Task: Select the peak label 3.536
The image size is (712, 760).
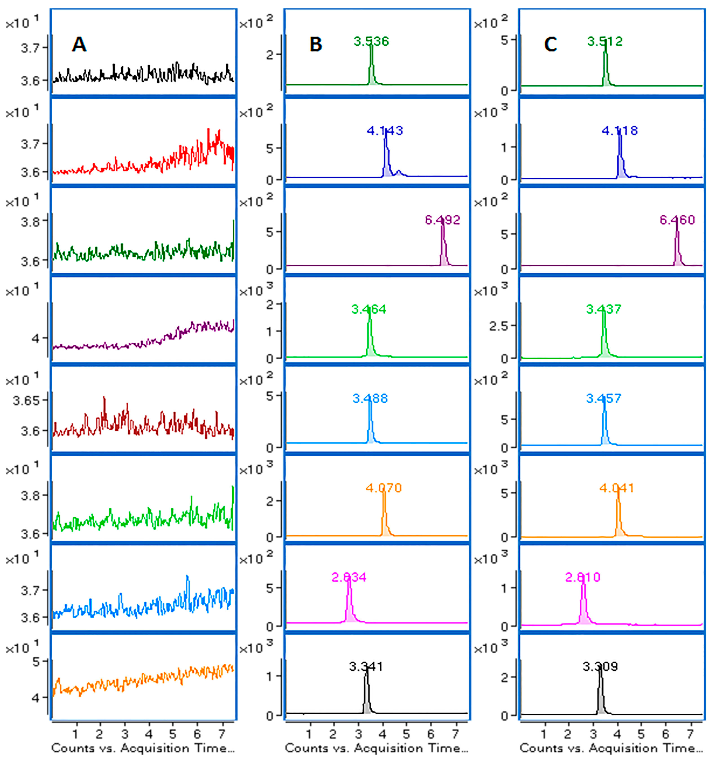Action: pyautogui.click(x=371, y=41)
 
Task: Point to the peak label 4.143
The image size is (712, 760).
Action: pyautogui.click(x=385, y=131)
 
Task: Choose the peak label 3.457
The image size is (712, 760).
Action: pyautogui.click(x=604, y=398)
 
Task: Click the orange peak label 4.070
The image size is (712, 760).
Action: pyautogui.click(x=384, y=488)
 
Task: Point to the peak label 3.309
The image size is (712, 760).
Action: pyautogui.click(x=600, y=666)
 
